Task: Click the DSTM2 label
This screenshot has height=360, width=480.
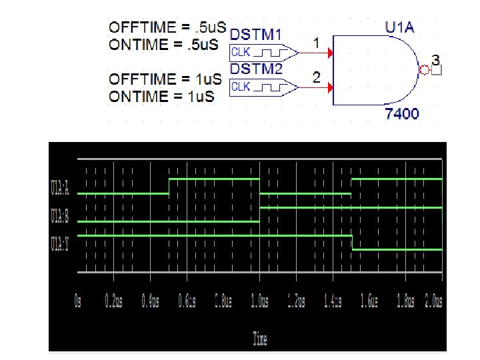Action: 255,69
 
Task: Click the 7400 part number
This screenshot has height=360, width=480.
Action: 403,114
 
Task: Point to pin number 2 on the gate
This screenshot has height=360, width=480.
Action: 318,78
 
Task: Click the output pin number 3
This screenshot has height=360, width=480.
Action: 435,59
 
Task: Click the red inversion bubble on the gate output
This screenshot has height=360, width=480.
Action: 422,69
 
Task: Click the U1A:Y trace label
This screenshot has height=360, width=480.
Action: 60,244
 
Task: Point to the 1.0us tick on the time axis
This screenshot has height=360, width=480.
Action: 259,301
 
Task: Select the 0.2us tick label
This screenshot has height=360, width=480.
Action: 114,301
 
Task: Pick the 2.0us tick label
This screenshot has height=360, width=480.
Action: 433,301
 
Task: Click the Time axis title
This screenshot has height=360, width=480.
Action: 260,339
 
